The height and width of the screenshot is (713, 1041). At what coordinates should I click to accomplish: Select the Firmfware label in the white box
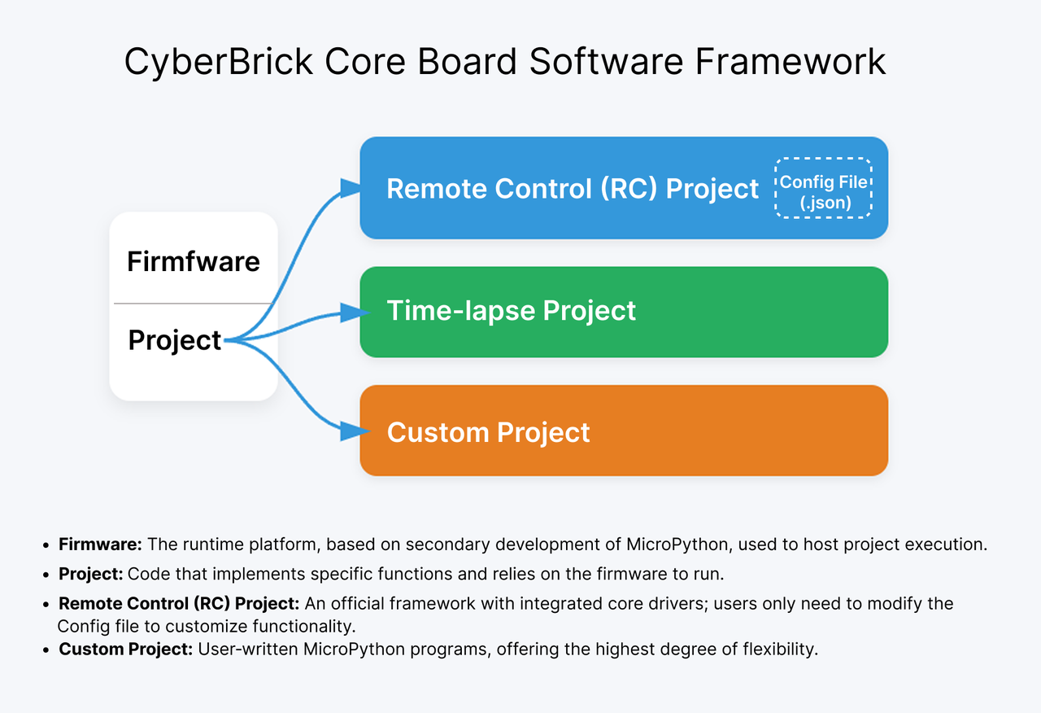(194, 261)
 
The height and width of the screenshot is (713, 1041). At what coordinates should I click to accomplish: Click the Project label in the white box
(175, 339)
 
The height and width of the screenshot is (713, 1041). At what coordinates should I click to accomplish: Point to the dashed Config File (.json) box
(823, 188)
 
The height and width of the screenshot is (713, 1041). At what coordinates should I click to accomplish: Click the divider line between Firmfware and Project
(194, 304)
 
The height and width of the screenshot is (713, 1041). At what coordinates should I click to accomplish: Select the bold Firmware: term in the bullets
(100, 545)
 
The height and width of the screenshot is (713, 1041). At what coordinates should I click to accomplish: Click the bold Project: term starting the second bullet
(91, 574)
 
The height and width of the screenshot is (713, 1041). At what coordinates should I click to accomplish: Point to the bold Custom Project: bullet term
(126, 650)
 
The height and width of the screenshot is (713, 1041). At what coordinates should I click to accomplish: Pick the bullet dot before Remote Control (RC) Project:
(46, 605)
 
